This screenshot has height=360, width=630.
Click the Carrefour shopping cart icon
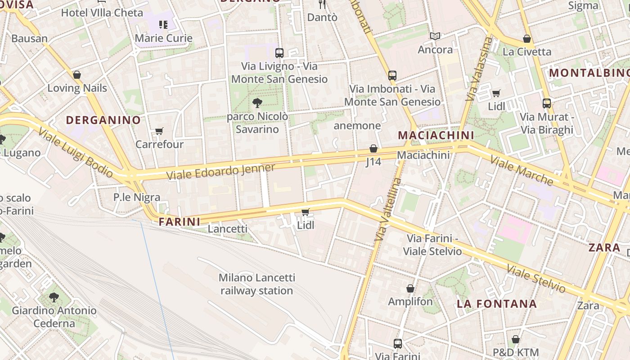(x=159, y=131)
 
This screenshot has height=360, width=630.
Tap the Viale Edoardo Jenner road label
(x=220, y=172)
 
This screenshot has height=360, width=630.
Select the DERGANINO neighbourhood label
(x=103, y=120)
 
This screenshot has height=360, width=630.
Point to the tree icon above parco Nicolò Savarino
(x=257, y=103)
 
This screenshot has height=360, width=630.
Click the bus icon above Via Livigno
(x=279, y=53)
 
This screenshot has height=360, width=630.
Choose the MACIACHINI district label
(x=436, y=135)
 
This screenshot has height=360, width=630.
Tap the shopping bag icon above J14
(x=373, y=148)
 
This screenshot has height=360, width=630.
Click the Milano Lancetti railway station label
(x=257, y=284)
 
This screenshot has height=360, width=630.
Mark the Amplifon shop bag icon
(x=410, y=288)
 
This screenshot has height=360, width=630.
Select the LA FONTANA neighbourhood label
(x=497, y=304)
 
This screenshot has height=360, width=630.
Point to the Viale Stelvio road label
(x=535, y=278)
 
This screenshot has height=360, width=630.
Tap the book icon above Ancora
(x=435, y=36)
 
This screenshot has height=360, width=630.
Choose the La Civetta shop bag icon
(x=526, y=39)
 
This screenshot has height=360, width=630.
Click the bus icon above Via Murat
(x=547, y=103)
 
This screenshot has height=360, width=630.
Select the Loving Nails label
(x=77, y=88)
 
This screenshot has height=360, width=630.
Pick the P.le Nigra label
(x=137, y=197)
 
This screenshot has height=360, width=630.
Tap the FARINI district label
(x=180, y=221)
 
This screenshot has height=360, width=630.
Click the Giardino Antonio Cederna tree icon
(x=54, y=297)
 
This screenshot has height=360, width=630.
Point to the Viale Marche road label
(x=522, y=170)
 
